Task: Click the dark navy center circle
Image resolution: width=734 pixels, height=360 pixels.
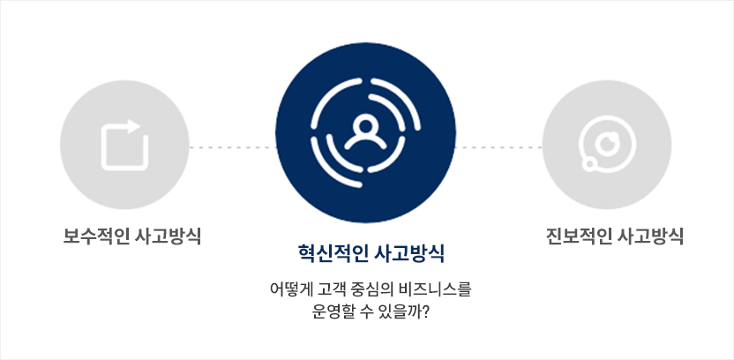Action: click(x=365, y=132)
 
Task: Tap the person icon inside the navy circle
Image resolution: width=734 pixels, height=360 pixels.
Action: click(x=365, y=131)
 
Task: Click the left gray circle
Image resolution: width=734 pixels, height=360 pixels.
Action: click(x=124, y=145)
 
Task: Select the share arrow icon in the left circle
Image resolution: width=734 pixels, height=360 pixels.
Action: click(x=124, y=145)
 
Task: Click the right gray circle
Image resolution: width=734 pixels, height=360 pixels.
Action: click(x=607, y=145)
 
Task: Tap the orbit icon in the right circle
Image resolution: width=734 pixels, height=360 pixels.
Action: click(x=607, y=144)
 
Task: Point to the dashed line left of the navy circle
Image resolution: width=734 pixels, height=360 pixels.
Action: click(x=232, y=147)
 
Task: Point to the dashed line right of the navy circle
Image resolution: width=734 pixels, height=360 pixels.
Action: click(x=499, y=147)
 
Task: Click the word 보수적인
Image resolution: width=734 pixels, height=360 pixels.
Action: click(x=95, y=236)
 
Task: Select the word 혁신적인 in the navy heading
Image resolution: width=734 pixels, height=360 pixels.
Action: click(x=331, y=254)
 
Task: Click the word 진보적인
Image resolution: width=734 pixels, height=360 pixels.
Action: click(x=578, y=236)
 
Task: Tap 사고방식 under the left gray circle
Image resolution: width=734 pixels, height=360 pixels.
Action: click(x=168, y=236)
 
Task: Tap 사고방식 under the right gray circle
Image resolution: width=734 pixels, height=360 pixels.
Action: click(x=651, y=236)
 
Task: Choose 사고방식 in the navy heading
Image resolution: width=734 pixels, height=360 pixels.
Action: click(x=409, y=254)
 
